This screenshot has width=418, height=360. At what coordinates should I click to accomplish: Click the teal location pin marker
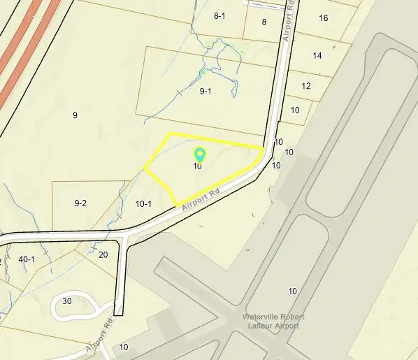point(199,154)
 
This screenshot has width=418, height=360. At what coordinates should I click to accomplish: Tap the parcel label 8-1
point(219,15)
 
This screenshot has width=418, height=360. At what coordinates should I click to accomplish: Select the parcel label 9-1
point(206,91)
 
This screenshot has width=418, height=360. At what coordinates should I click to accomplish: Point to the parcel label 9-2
point(80,203)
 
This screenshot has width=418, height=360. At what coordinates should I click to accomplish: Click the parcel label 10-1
point(143,204)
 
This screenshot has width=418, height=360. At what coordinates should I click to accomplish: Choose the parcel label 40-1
point(27,259)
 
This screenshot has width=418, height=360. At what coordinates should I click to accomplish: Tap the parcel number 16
point(323,17)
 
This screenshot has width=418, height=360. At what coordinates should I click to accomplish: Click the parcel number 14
point(317,55)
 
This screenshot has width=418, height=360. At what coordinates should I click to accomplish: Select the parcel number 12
point(306,86)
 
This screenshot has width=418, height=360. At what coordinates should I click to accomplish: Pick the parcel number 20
point(103,254)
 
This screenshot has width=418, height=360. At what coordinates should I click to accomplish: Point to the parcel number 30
point(67,301)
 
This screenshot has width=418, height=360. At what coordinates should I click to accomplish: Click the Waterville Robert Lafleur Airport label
point(273,321)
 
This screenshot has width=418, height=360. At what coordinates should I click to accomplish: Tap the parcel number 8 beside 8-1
point(264,22)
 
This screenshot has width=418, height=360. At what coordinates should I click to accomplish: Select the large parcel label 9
point(75,115)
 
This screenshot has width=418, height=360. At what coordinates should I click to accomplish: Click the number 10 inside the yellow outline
point(198,166)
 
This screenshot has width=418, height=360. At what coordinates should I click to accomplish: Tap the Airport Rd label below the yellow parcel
point(201,200)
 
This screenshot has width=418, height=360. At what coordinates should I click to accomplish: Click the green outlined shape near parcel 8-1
point(238,51)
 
